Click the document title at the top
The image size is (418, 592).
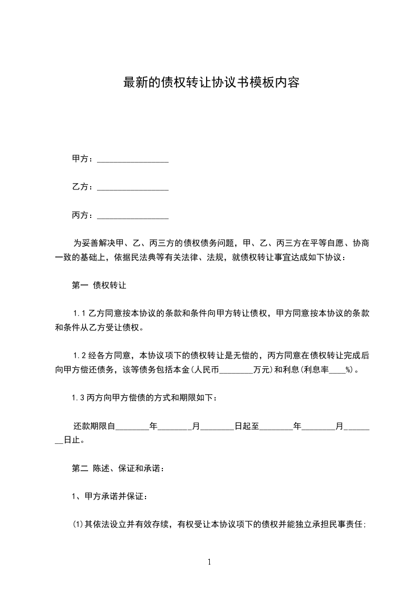211,83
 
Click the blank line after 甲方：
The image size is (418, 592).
133,159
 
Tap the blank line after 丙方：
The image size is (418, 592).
133,216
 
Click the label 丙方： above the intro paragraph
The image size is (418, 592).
83,216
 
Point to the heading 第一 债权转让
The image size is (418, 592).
99,286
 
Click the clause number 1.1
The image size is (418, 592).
79,314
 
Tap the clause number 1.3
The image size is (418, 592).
79,398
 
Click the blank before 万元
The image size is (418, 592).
236,370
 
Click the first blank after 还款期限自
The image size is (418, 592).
132,426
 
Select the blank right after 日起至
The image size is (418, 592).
276,426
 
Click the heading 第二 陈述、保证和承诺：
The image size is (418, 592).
118,468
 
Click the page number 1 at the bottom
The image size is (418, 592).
209,562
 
